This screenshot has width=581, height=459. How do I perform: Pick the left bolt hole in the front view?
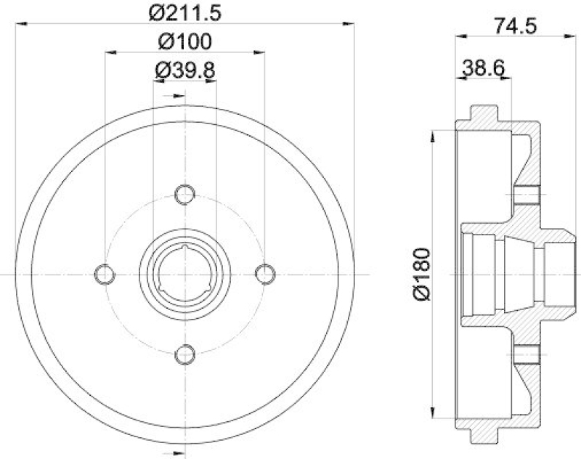click(x=106, y=273)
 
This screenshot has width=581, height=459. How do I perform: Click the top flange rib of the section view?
click(x=486, y=114)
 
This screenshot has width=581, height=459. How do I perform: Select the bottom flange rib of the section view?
click(x=486, y=436)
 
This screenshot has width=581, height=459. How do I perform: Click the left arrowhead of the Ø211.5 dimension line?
click(x=20, y=25)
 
